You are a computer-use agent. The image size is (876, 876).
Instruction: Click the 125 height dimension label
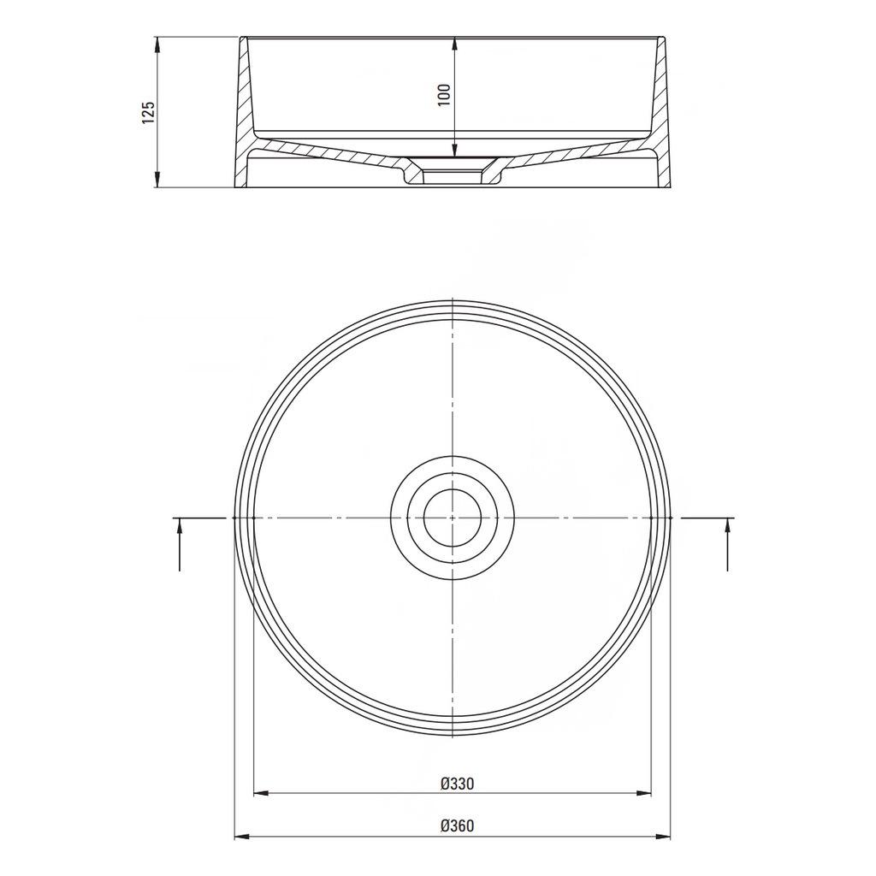click(x=148, y=112)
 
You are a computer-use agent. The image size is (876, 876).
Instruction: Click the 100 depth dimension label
click(x=442, y=94)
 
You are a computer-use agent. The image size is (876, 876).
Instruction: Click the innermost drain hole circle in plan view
click(x=453, y=518)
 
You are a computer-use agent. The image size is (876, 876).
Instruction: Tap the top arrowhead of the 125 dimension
click(x=157, y=42)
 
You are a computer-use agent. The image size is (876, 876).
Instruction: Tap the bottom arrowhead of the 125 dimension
click(x=157, y=181)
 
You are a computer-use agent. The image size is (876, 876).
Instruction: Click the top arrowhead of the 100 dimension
click(x=453, y=42)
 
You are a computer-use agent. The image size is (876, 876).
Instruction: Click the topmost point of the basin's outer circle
click(x=453, y=300)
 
